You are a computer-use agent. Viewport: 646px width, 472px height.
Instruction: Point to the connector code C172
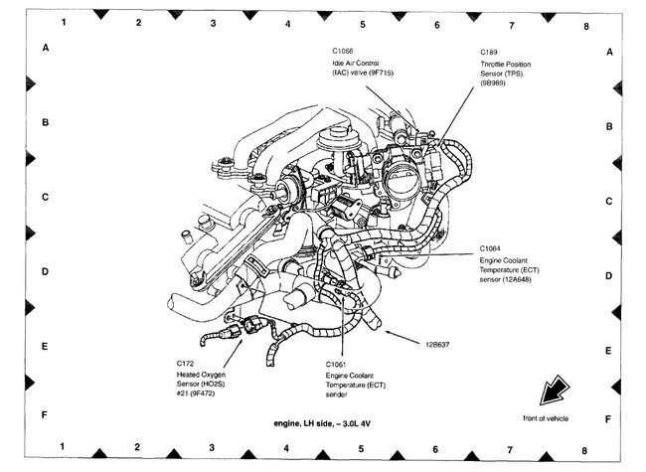pyautogui.click(x=186, y=363)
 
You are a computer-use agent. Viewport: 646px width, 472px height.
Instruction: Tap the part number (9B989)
pyautogui.click(x=494, y=84)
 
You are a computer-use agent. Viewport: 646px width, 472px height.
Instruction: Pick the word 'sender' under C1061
pyautogui.click(x=337, y=394)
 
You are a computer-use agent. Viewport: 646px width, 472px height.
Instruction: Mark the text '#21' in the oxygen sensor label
pyautogui.click(x=184, y=394)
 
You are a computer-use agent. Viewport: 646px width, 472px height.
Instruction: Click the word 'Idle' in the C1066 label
pyautogui.click(x=339, y=64)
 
